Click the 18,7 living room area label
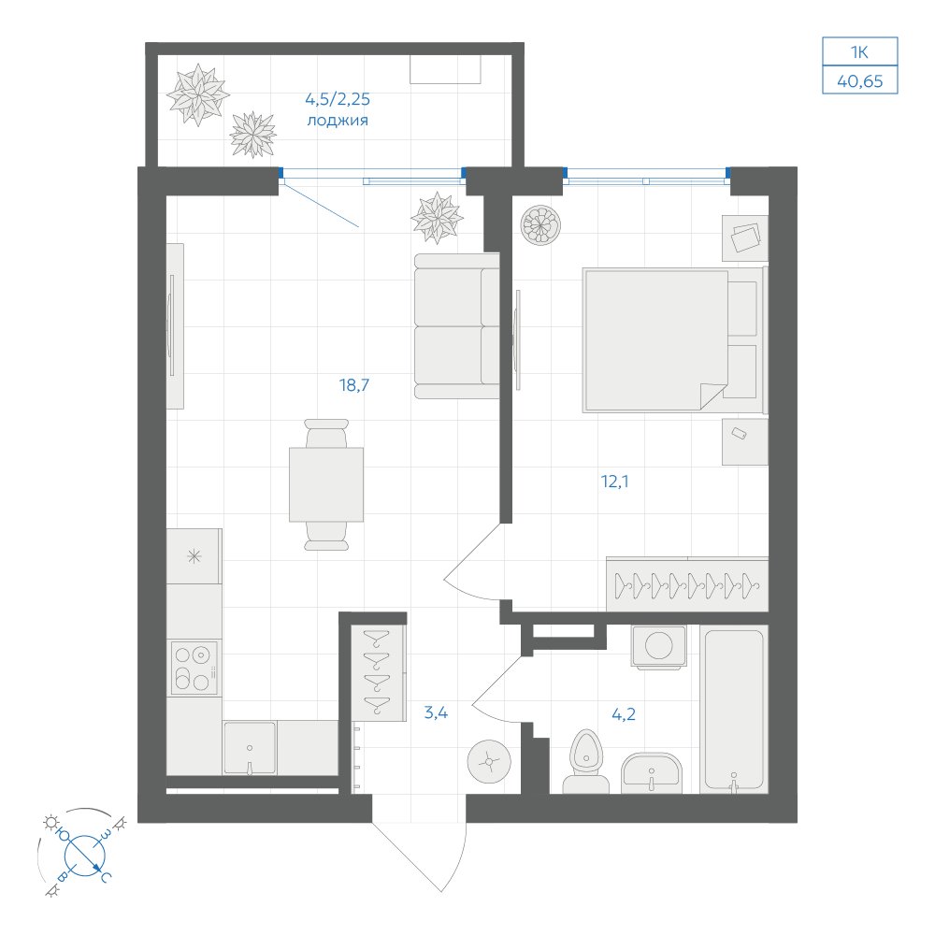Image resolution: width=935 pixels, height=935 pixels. (354, 385)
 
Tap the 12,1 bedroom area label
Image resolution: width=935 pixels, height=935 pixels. (615, 482)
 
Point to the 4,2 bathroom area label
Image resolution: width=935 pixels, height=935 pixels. (624, 713)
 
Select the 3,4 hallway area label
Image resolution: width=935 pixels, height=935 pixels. (436, 712)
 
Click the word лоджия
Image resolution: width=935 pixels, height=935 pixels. (338, 121)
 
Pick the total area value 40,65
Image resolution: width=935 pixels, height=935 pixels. (860, 81)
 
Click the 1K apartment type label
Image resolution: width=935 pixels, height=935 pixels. (860, 52)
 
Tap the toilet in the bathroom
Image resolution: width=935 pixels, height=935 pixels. (586, 762)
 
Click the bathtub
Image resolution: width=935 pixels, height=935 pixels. (734, 710)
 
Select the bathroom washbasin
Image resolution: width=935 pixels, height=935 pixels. (651, 773)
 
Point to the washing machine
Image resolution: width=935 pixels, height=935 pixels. (659, 646)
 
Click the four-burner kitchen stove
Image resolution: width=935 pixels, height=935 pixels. (194, 668)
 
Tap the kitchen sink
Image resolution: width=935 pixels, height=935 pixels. (250, 748)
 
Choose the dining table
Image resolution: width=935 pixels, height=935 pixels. (326, 484)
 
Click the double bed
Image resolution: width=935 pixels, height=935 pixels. (674, 340)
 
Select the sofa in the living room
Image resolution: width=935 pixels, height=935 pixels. (457, 325)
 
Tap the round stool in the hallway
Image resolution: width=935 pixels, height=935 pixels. (490, 761)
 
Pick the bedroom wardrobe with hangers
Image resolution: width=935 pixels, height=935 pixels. (687, 584)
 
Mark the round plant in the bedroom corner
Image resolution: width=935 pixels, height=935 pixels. (540, 224)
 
